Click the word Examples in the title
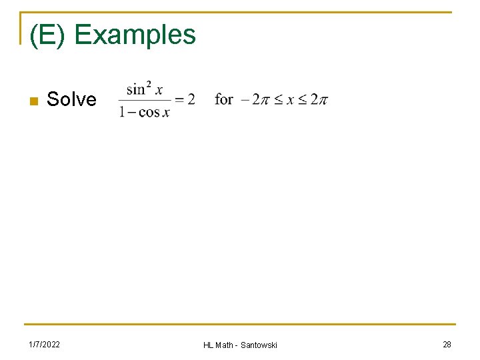click(x=135, y=35)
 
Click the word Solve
click(x=71, y=100)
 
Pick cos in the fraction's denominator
click(x=149, y=113)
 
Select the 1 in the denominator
click(x=122, y=113)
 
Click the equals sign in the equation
click(x=179, y=100)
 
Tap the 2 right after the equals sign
click(x=191, y=99)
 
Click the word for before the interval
click(x=224, y=99)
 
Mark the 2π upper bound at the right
click(x=319, y=100)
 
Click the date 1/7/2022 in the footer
click(x=44, y=344)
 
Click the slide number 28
click(x=447, y=344)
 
